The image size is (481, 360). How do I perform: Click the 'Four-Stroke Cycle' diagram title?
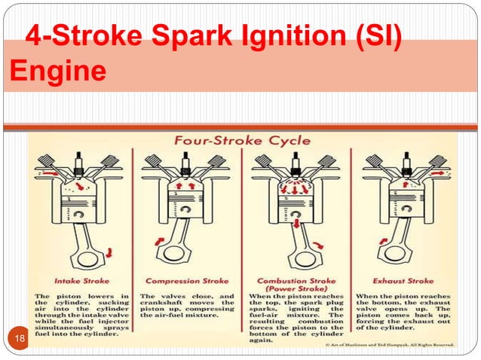coord(243,142)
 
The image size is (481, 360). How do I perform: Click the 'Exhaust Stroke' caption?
coord(404,281)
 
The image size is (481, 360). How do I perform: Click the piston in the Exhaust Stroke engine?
coord(403,197)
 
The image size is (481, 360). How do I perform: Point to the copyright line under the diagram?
coord(385,344)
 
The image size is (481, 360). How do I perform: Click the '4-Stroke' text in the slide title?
coord(72,36)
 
